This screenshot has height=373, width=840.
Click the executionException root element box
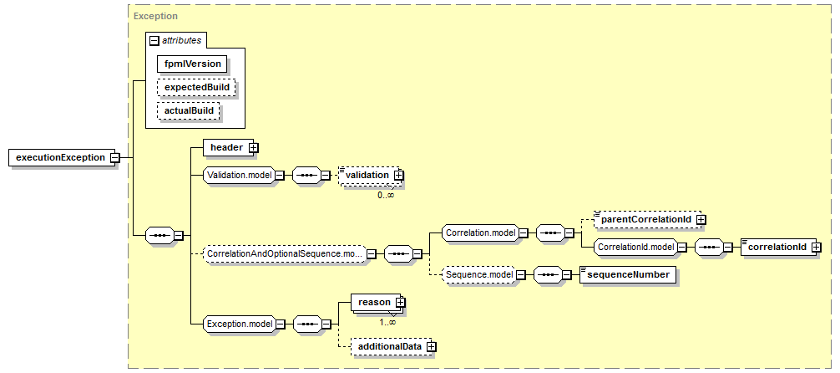[62, 157]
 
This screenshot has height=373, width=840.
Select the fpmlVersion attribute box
[192, 64]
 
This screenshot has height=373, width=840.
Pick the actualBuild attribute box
[189, 111]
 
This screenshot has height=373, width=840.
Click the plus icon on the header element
[255, 147]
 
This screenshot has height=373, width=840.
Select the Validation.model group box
[240, 175]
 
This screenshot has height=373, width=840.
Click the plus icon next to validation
[398, 175]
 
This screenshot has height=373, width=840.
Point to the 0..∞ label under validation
[386, 196]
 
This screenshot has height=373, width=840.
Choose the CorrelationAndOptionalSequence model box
[285, 253]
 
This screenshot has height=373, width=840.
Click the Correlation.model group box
[479, 233]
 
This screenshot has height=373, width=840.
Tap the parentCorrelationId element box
[647, 219]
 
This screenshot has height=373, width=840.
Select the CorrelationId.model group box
[635, 247]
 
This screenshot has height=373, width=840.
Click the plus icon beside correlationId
[817, 247]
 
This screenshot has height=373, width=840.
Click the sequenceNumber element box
[628, 274]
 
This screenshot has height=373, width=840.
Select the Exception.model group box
[240, 324]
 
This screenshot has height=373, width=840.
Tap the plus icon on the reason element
[400, 303]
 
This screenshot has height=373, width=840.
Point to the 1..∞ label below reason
[388, 323]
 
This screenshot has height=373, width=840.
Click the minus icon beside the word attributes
[154, 40]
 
